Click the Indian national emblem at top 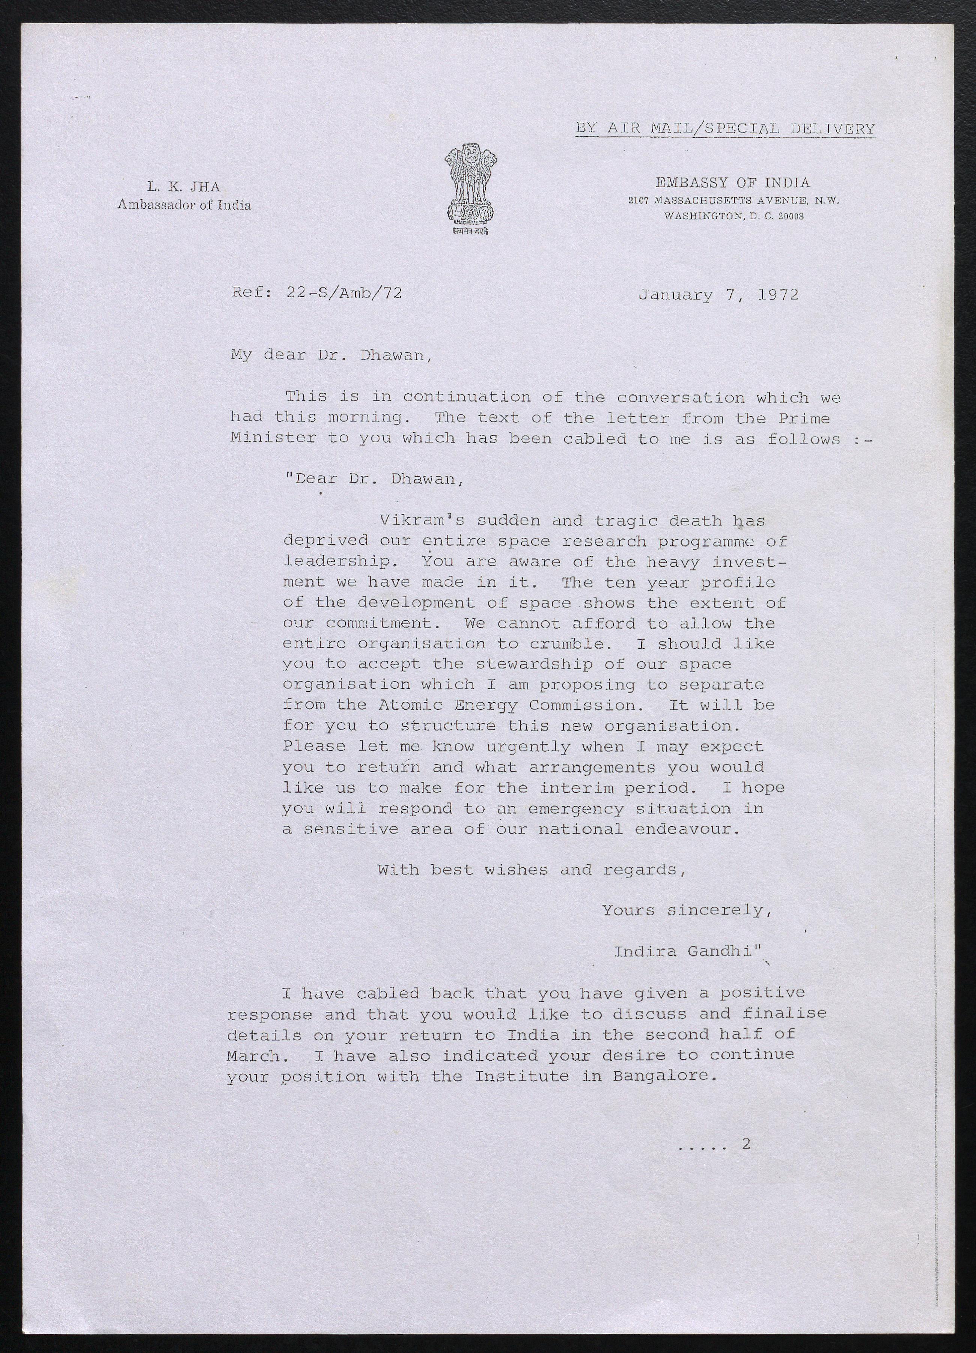[x=470, y=188]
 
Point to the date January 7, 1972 [x=718, y=295]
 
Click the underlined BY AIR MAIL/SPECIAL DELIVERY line [x=725, y=128]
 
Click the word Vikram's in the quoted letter [x=422, y=520]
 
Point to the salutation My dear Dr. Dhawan [x=329, y=355]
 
